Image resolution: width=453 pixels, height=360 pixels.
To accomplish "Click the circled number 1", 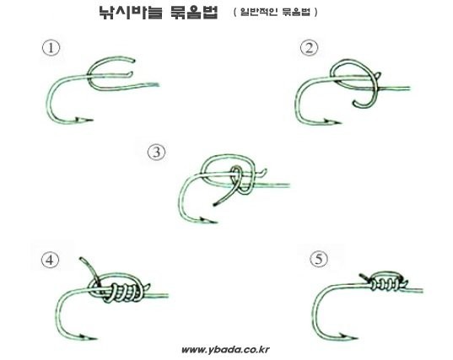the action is (51, 48).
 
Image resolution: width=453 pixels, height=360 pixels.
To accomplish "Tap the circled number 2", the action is (310, 48).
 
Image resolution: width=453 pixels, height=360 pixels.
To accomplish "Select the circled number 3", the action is (157, 152).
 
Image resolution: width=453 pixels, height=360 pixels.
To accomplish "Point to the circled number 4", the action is (50, 260).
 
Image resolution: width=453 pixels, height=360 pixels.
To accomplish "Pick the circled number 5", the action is (319, 259).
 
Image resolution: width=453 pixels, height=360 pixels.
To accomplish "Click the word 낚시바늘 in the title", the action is (131, 12).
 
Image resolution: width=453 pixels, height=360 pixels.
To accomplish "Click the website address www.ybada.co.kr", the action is (225, 350).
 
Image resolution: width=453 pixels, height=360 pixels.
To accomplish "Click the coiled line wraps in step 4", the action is (126, 293).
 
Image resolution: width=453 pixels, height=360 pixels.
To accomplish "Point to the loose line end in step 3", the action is (215, 204).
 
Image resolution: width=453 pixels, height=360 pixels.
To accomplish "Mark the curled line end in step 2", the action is (354, 103).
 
